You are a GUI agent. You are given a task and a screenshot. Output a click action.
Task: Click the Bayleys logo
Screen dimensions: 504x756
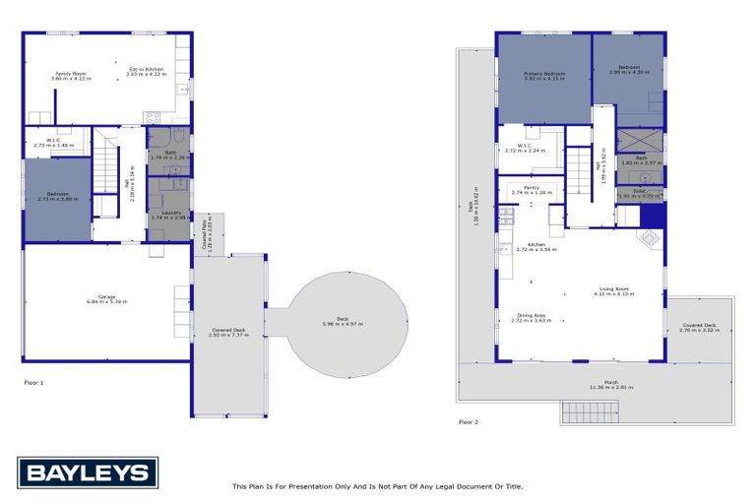[88, 473]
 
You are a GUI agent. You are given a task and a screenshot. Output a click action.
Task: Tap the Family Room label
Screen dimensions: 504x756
[71, 74]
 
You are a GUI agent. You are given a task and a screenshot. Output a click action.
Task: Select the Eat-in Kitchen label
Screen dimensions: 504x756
[147, 71]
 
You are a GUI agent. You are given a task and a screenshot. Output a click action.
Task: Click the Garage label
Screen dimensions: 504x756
[106, 300]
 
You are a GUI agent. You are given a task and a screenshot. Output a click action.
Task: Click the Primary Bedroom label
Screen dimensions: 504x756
[542, 75]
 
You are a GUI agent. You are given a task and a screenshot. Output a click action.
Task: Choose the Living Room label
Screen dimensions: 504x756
[611, 291]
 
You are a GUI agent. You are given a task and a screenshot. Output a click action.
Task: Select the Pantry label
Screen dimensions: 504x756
[532, 190]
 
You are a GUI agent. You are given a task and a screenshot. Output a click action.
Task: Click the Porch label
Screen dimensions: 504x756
[598, 385]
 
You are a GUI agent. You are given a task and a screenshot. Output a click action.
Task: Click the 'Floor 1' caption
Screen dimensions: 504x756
[34, 381]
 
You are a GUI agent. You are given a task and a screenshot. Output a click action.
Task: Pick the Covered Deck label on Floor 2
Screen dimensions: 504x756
[699, 327]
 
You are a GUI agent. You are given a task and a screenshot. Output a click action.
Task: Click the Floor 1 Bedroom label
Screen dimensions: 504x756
[56, 197]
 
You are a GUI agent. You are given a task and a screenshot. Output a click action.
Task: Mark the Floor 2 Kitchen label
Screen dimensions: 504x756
[536, 246]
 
